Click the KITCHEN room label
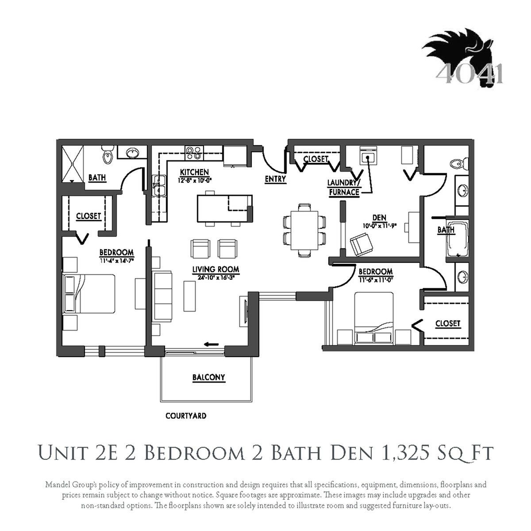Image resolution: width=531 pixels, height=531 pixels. click(x=194, y=172)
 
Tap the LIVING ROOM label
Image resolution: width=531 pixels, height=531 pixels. click(x=215, y=269)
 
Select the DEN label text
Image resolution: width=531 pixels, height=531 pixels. click(x=379, y=218)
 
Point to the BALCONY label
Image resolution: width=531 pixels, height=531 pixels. click(x=208, y=377)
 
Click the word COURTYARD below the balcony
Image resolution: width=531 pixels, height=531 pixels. click(x=186, y=416)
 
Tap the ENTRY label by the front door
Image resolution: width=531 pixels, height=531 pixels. click(x=275, y=179)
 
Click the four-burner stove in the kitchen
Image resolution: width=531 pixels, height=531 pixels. click(x=194, y=153)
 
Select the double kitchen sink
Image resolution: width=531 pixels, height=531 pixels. click(x=159, y=186)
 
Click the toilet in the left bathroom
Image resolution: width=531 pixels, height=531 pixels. click(x=107, y=155)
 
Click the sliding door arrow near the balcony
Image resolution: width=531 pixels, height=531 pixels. click(x=212, y=344)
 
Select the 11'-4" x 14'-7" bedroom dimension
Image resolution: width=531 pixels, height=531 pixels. click(x=116, y=260)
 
